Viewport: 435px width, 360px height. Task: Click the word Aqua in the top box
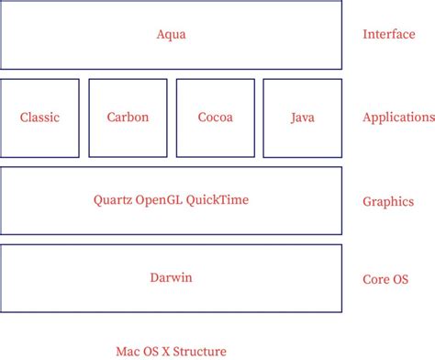click(172, 35)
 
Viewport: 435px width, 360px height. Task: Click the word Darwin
click(172, 278)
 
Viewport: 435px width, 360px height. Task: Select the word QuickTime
click(217, 199)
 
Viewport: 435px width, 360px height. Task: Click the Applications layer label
click(398, 118)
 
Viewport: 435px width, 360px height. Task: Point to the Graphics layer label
click(388, 202)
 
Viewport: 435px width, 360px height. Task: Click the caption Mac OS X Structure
click(171, 350)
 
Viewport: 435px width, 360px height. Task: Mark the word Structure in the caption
click(200, 350)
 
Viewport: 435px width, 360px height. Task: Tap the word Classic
click(39, 118)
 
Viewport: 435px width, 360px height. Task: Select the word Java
click(302, 118)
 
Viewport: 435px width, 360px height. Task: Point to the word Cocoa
click(215, 118)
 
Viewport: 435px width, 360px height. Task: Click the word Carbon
click(128, 118)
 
